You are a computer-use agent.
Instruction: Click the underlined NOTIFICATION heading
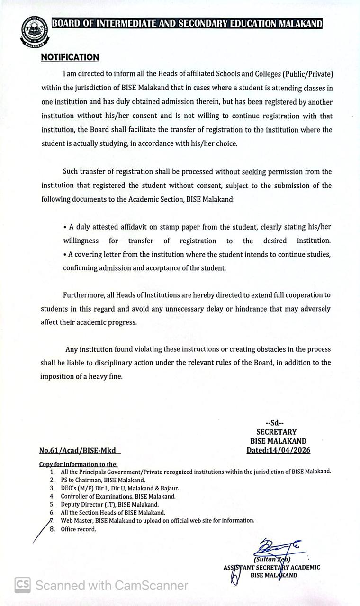[x=70, y=57]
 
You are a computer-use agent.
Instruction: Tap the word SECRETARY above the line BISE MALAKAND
[x=276, y=432]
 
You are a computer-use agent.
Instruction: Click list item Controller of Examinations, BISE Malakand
[x=118, y=496]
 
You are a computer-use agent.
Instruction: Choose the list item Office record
[x=78, y=529]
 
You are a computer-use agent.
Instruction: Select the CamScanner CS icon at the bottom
[x=22, y=585]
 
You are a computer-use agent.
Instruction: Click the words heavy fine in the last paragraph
[x=107, y=377]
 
